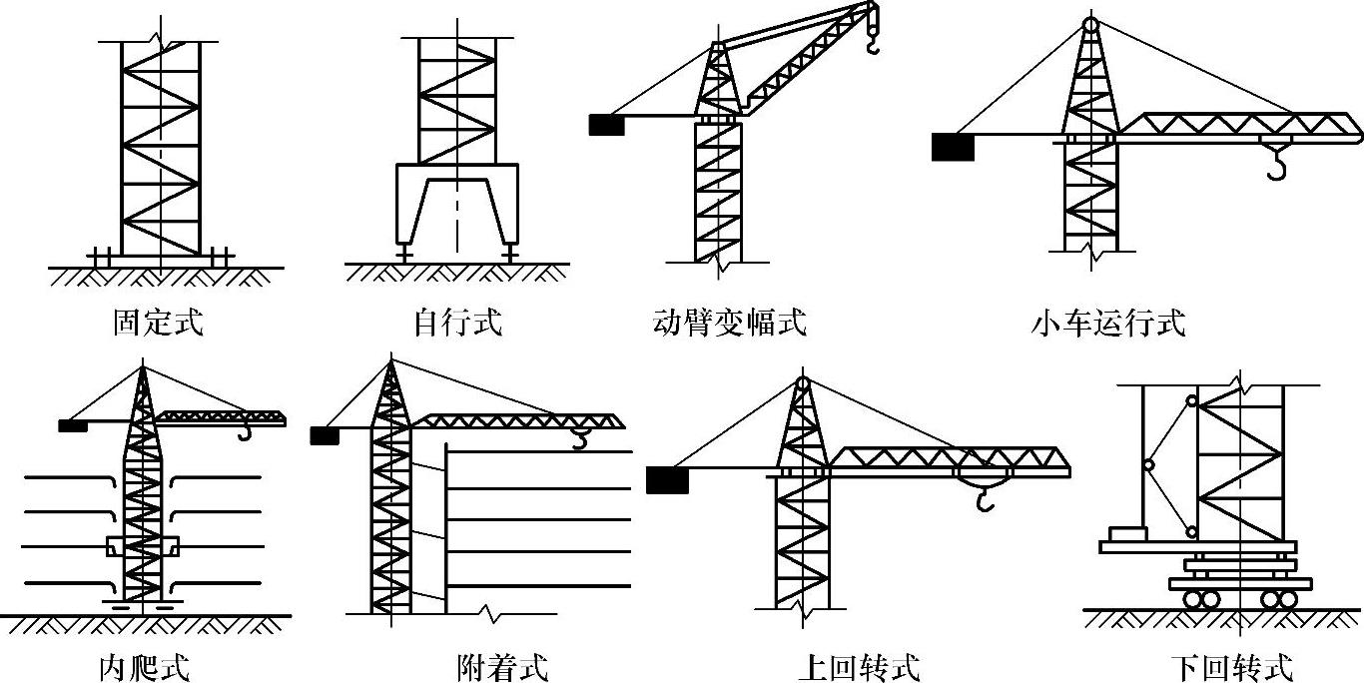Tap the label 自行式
pos(457,323)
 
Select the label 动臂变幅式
pos(729,323)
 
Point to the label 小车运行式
pos(1108,323)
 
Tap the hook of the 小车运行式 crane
pos(1276,165)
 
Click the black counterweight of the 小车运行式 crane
pos(952,147)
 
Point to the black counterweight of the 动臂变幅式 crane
pos(606,125)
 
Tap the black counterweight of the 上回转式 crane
pos(667,480)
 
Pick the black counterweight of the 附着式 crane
pos(325,435)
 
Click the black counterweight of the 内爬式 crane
pos(72,425)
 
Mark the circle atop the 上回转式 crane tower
pos(803,382)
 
